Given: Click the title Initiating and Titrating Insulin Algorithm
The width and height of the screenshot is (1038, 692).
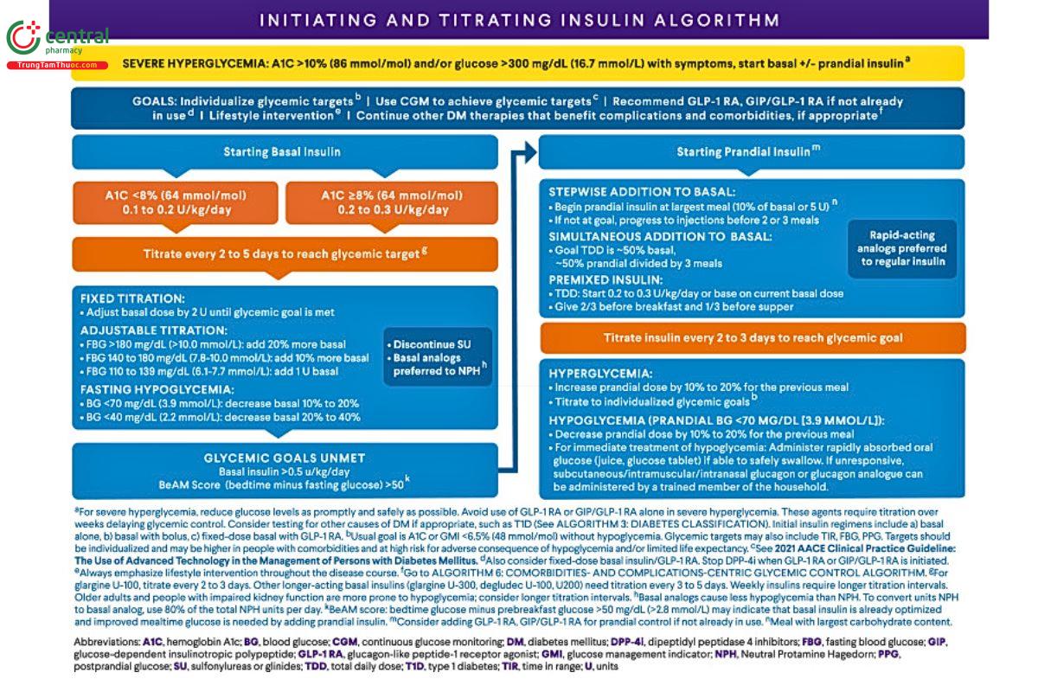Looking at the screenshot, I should (519, 20).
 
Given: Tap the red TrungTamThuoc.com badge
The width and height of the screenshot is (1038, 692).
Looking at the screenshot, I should (57, 66).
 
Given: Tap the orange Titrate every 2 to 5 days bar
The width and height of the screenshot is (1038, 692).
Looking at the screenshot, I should (284, 253).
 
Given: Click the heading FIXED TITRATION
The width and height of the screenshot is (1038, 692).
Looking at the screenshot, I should (132, 297).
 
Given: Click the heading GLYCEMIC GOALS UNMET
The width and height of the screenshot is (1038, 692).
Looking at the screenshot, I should (284, 458).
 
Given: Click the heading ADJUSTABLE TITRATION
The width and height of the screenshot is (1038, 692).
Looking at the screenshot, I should (153, 330).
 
